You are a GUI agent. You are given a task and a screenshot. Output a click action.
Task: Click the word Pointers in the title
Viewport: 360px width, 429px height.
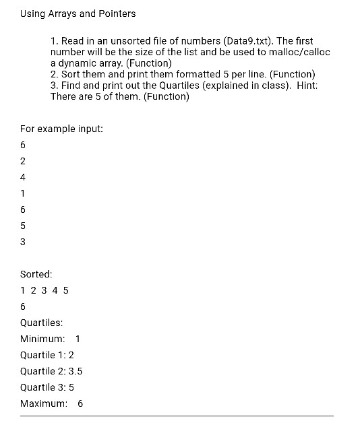[x=116, y=13]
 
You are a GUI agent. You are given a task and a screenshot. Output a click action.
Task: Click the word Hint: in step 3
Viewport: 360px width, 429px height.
[x=307, y=85]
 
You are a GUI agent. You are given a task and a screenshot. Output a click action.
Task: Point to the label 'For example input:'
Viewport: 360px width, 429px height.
[x=61, y=128]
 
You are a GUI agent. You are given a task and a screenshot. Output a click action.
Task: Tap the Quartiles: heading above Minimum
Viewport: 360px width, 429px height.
[x=42, y=323]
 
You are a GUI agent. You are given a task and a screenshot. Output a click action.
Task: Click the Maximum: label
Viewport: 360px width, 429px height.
[x=44, y=403]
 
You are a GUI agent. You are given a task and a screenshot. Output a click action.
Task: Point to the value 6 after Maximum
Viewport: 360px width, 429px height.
[x=81, y=403]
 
